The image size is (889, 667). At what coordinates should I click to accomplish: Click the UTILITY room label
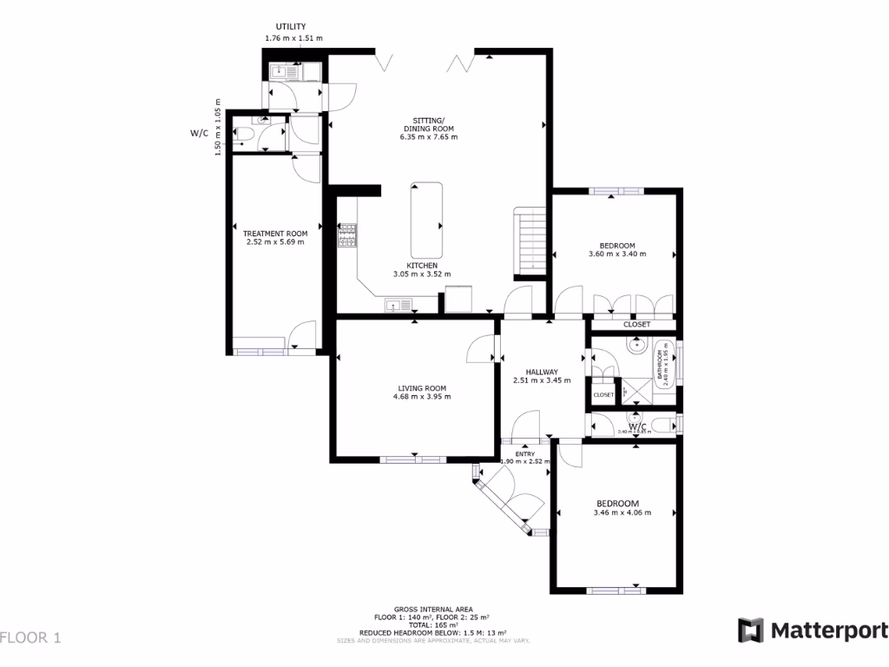tap(290, 27)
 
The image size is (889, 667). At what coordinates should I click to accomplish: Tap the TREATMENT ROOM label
tap(275, 234)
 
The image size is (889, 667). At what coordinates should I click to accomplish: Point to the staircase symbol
tap(530, 240)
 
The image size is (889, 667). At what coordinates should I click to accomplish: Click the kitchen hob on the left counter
tap(347, 235)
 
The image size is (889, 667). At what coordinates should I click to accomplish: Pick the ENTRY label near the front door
tap(524, 453)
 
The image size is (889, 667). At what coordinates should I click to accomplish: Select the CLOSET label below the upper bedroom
tap(636, 325)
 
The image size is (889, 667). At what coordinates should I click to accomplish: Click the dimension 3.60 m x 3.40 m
tap(617, 254)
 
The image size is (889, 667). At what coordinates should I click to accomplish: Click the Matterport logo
tap(812, 631)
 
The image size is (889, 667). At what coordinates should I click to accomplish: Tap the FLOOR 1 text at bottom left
tap(31, 638)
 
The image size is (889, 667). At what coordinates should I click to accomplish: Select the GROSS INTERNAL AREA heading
tap(432, 610)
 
